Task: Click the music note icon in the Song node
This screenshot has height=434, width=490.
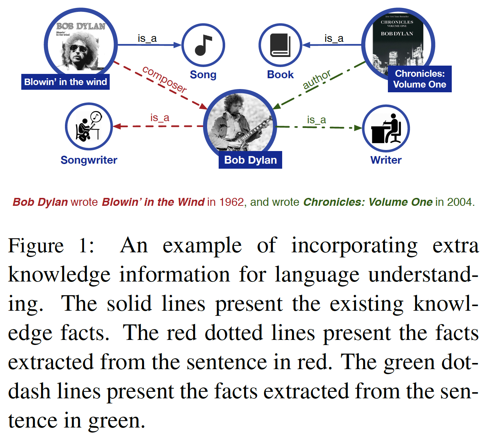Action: click(203, 45)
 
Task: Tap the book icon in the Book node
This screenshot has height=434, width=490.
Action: click(280, 45)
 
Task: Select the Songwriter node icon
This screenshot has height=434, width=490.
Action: click(89, 127)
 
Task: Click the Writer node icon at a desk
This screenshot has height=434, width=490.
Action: click(386, 128)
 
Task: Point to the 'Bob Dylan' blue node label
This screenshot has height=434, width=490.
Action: click(250, 160)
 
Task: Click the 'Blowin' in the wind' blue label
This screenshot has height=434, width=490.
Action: click(65, 82)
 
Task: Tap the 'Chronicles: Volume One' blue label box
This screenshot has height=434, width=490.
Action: click(420, 79)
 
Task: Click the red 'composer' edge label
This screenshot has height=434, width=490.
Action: click(165, 79)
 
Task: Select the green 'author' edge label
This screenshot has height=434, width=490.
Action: click(316, 80)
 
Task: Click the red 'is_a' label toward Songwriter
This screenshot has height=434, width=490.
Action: click(159, 118)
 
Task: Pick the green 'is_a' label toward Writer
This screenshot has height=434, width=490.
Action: click(316, 120)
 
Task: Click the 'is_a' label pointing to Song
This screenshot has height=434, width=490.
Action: click(147, 38)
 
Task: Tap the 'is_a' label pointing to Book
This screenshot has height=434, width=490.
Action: click(334, 38)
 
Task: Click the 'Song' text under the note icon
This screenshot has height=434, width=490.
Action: click(203, 75)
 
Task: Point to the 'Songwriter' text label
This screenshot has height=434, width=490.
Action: click(89, 160)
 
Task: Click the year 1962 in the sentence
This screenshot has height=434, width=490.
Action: click(231, 202)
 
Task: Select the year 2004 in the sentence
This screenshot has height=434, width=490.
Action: click(459, 202)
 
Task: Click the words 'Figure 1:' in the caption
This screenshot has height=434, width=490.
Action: click(51, 246)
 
